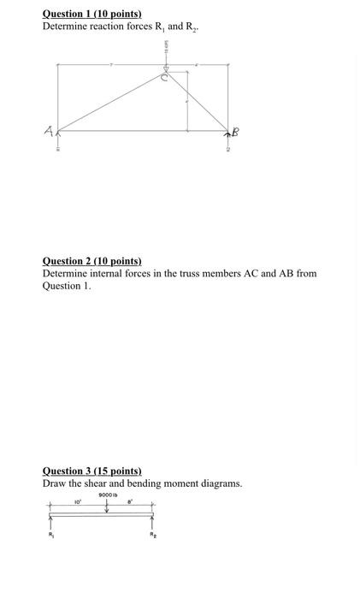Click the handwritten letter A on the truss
point(50,131)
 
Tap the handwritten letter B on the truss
point(235,131)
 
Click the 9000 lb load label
point(107,495)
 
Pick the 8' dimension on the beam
point(130,501)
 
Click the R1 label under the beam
point(50,536)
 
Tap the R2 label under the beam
point(154,536)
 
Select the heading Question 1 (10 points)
point(92,15)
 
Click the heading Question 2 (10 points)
point(92,261)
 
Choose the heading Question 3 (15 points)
point(92,471)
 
